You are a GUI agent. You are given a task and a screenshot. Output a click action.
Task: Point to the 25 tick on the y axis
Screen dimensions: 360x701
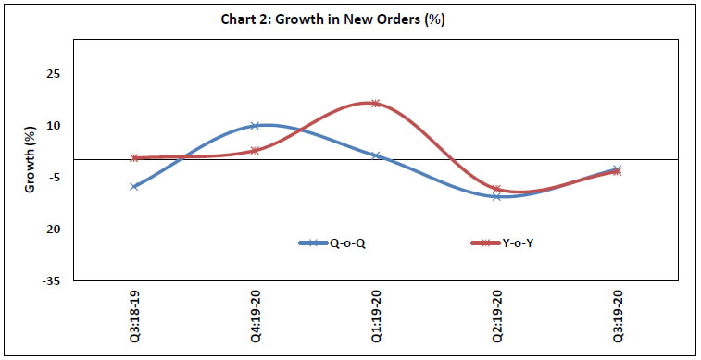(x=55, y=74)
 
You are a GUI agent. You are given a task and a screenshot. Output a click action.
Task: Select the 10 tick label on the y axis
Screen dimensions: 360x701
(x=55, y=126)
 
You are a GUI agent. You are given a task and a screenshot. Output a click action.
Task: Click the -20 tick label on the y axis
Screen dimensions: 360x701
(x=53, y=230)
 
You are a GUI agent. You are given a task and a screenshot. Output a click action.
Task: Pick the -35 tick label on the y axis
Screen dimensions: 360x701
(x=53, y=280)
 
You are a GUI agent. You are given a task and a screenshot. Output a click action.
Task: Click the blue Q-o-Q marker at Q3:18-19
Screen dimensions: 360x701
(x=134, y=186)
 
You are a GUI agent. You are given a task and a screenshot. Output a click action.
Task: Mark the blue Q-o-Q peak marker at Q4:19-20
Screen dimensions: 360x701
(x=255, y=126)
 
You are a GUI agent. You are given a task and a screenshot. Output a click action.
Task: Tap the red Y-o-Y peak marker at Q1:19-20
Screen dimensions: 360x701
(x=375, y=104)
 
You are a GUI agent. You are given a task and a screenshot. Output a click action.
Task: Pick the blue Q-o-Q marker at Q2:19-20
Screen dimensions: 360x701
(x=496, y=196)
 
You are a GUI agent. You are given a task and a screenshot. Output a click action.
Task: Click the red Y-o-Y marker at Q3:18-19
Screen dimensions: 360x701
(x=134, y=158)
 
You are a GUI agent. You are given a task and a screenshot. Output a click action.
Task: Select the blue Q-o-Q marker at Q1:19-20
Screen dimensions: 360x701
(x=375, y=155)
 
